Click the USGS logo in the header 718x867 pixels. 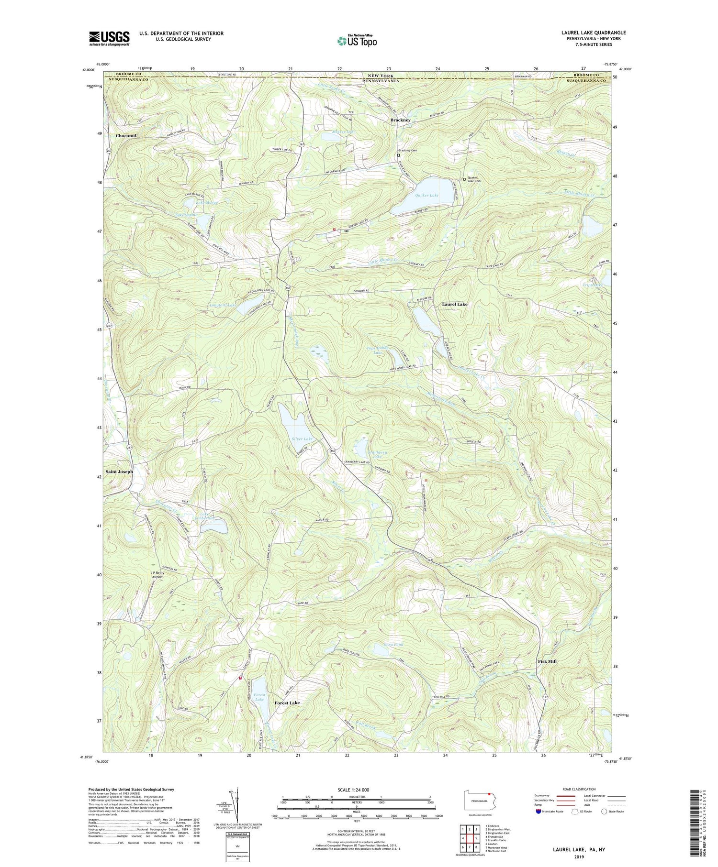point(109,38)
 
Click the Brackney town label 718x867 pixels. point(400,120)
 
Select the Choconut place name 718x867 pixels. point(126,136)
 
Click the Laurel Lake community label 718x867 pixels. point(454,304)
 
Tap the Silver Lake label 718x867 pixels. point(302,439)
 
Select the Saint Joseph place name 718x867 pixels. point(119,472)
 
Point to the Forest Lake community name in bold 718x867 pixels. point(287,702)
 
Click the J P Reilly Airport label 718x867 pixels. point(157,575)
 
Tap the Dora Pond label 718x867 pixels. point(393,645)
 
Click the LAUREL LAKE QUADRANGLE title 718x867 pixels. point(594,33)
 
